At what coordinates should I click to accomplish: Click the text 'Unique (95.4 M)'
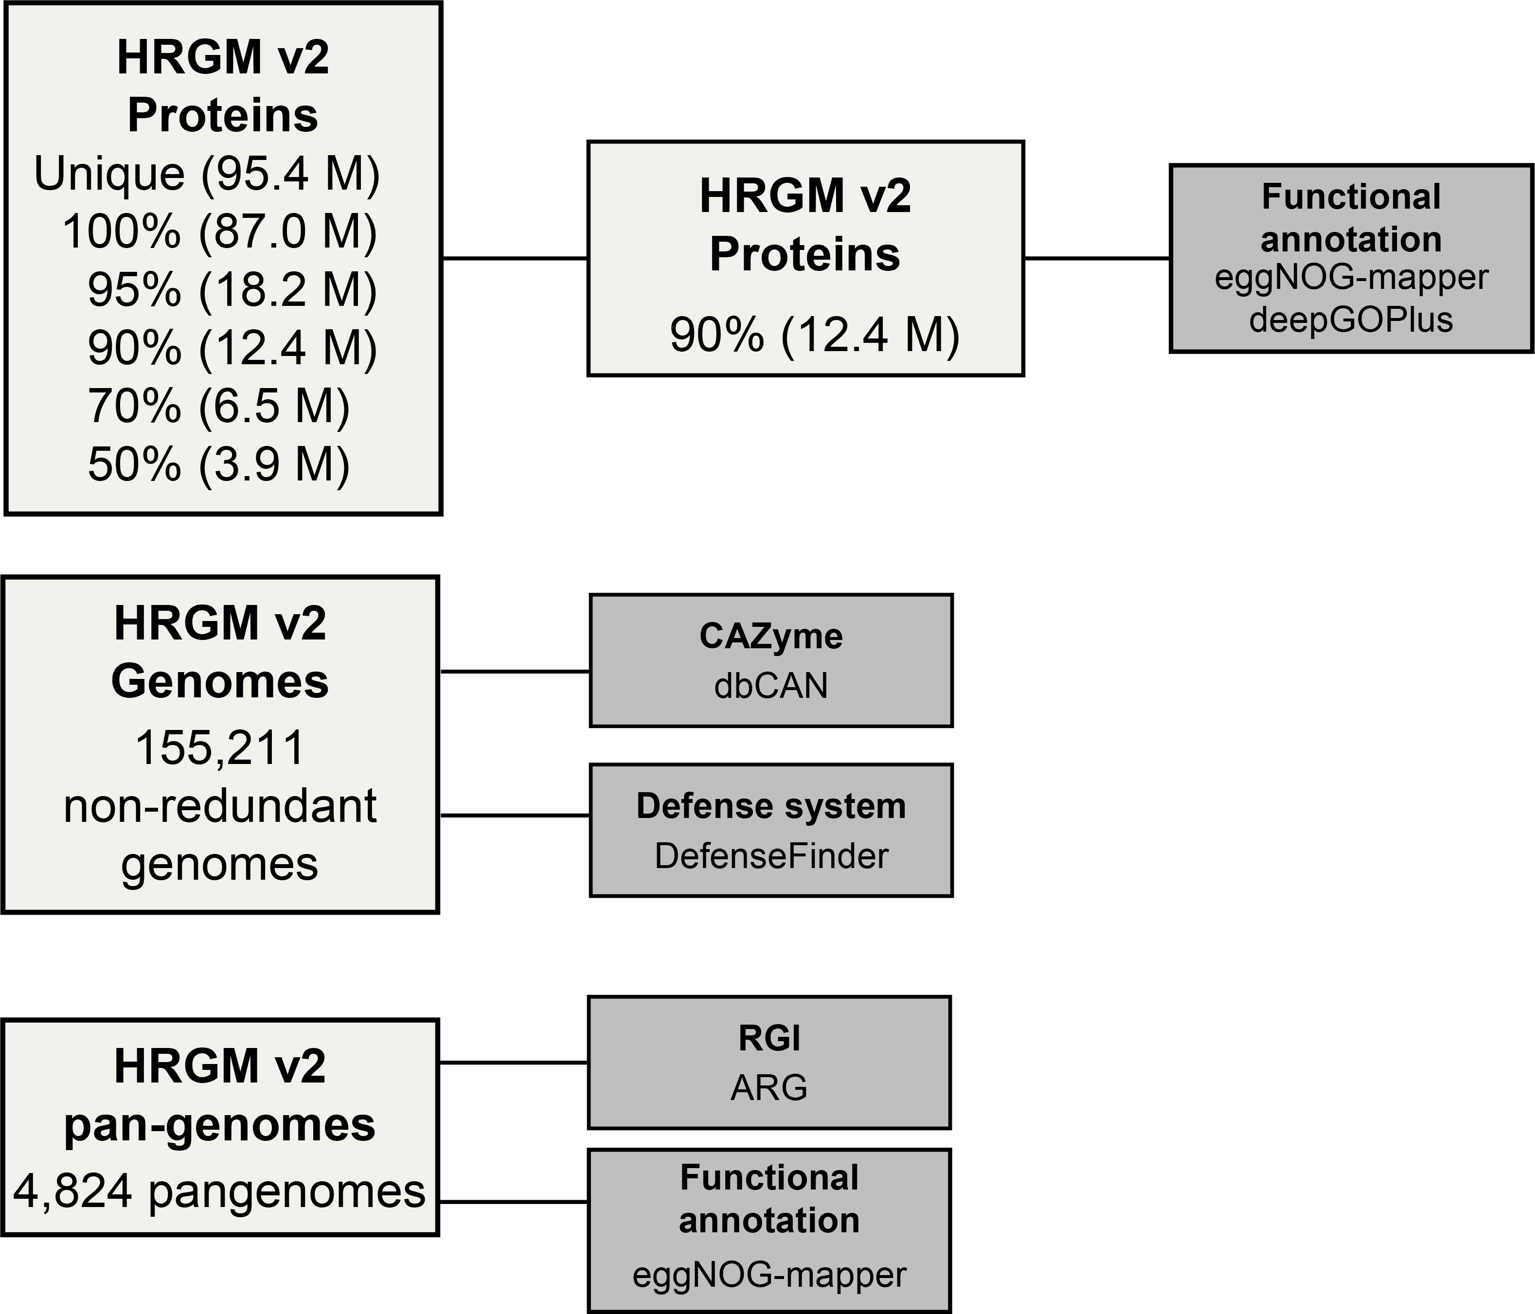pos(207,174)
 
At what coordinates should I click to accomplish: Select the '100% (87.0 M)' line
pos(219,232)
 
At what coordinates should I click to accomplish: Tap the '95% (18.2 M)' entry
pos(232,290)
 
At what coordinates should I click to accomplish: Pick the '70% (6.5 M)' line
pos(218,407)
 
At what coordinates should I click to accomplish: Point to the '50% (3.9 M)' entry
pos(218,465)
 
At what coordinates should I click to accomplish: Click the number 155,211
pos(220,747)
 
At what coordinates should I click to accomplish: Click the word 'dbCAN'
pos(770,686)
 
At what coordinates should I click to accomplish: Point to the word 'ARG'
pos(769,1088)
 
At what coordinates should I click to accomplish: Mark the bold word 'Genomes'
pos(220,681)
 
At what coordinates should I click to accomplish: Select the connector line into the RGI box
pos(514,1063)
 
